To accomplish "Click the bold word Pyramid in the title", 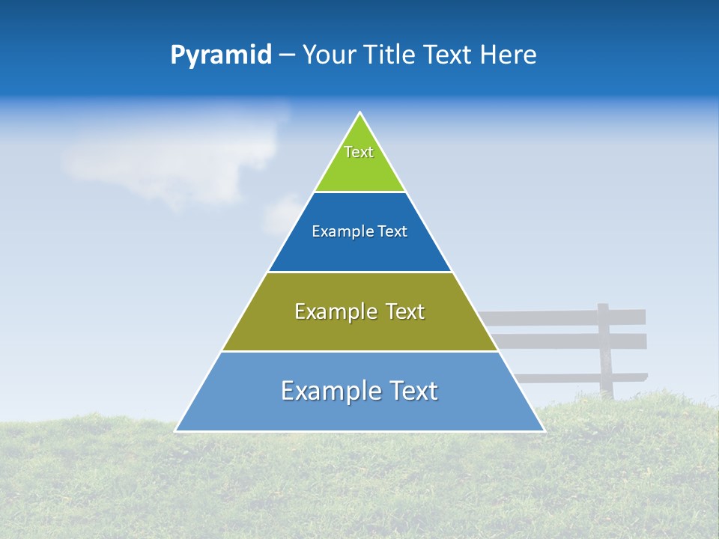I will click(220, 55).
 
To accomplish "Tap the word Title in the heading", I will click(393, 55).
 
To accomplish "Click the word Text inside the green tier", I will click(359, 152).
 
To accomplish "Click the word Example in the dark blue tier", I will click(336, 231).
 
